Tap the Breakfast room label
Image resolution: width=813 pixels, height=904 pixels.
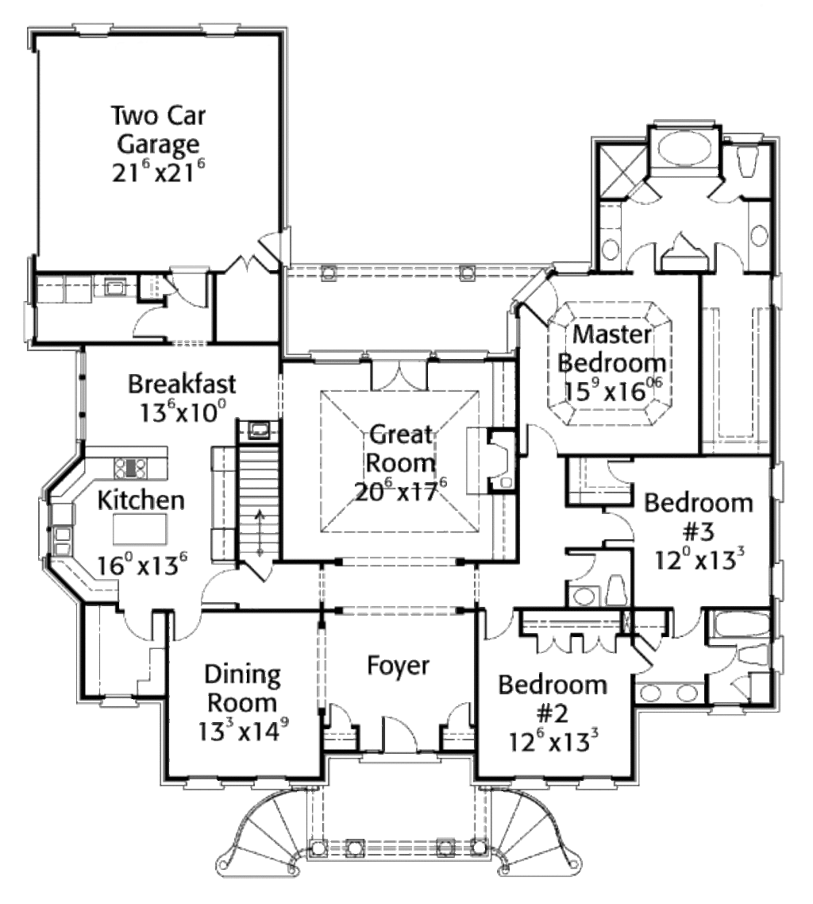click(182, 384)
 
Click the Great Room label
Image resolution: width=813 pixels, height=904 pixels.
click(403, 448)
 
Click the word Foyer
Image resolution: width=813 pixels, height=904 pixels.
click(399, 666)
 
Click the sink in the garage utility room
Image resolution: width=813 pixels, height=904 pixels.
click(111, 286)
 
